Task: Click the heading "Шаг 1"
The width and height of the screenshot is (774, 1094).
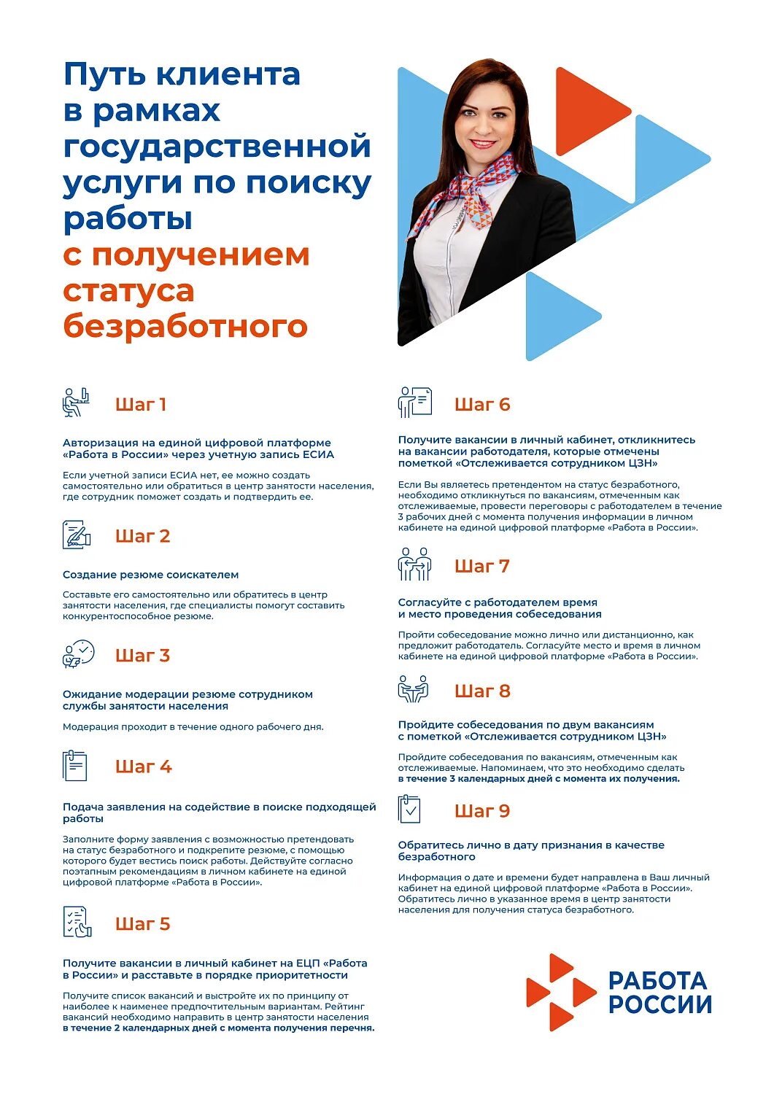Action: [141, 405]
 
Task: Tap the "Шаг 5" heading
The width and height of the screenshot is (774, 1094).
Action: [142, 924]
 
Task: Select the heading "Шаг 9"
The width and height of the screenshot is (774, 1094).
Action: [482, 811]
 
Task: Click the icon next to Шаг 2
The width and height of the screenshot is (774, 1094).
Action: [77, 535]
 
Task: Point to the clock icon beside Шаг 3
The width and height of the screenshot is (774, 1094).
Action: [79, 653]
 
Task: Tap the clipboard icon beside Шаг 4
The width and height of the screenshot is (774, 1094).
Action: [74, 766]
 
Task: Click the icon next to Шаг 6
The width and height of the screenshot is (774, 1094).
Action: [415, 402]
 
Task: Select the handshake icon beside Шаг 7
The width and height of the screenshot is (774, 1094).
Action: [414, 565]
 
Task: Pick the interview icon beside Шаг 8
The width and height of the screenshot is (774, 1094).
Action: [413, 689]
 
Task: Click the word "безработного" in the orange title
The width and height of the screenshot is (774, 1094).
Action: [185, 326]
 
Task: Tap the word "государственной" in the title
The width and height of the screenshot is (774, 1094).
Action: [217, 146]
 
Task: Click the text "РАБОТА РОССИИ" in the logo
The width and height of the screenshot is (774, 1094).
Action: [659, 993]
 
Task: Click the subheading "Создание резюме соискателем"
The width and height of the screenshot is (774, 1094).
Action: [150, 575]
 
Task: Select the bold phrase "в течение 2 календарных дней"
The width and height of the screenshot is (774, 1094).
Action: [139, 1028]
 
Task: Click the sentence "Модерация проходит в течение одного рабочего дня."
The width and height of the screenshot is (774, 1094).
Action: [193, 726]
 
